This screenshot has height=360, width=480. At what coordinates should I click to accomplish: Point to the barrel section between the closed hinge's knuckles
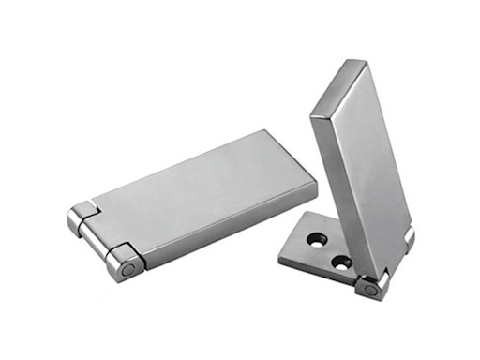coord(98,240)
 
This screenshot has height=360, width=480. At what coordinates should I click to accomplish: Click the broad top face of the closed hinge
coord(197,187)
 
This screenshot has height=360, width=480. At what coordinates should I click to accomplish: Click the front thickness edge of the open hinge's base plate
coord(314,267)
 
